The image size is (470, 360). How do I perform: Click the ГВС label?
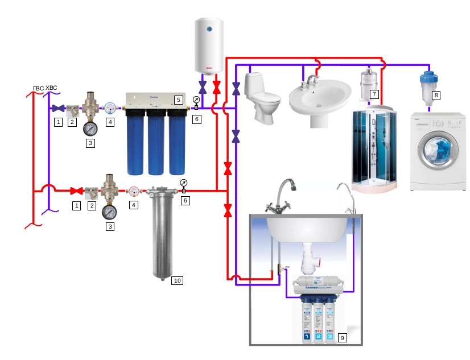pos(38,88)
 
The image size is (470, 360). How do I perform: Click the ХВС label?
pos(51,88)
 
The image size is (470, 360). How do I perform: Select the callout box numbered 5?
pos(178,100)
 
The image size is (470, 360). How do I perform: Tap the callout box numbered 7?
pos(374,94)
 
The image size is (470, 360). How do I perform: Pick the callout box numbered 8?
pos(436,96)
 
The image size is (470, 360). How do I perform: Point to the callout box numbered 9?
pos(342,338)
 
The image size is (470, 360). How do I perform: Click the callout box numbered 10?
pos(177,280)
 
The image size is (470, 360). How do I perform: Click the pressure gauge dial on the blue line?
pos(90,127)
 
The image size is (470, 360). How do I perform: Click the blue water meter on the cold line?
pos(110,107)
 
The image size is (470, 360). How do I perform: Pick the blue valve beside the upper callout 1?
pos(57,108)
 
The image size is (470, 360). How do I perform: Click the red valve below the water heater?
pos(216,89)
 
